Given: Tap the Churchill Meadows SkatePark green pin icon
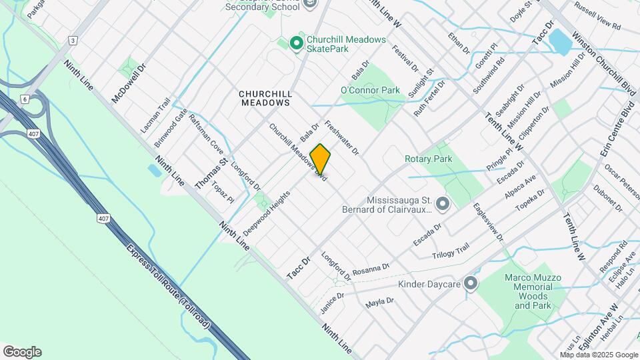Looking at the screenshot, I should (x=297, y=43).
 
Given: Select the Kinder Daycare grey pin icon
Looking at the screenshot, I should (x=471, y=285).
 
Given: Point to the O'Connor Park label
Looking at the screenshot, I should (x=370, y=90).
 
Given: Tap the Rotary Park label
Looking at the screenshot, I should (x=429, y=159).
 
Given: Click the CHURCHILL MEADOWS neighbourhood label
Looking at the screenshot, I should (x=265, y=99).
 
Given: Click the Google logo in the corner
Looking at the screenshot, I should (x=22, y=352).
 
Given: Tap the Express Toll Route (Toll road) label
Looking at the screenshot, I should (x=168, y=287).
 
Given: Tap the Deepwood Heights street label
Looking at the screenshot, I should (x=267, y=212).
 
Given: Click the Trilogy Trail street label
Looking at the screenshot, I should (x=451, y=249).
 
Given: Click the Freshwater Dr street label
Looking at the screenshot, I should (x=341, y=138).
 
